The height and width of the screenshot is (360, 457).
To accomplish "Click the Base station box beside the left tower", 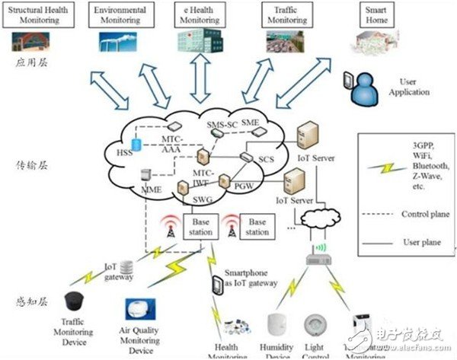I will (x=203, y=225).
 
